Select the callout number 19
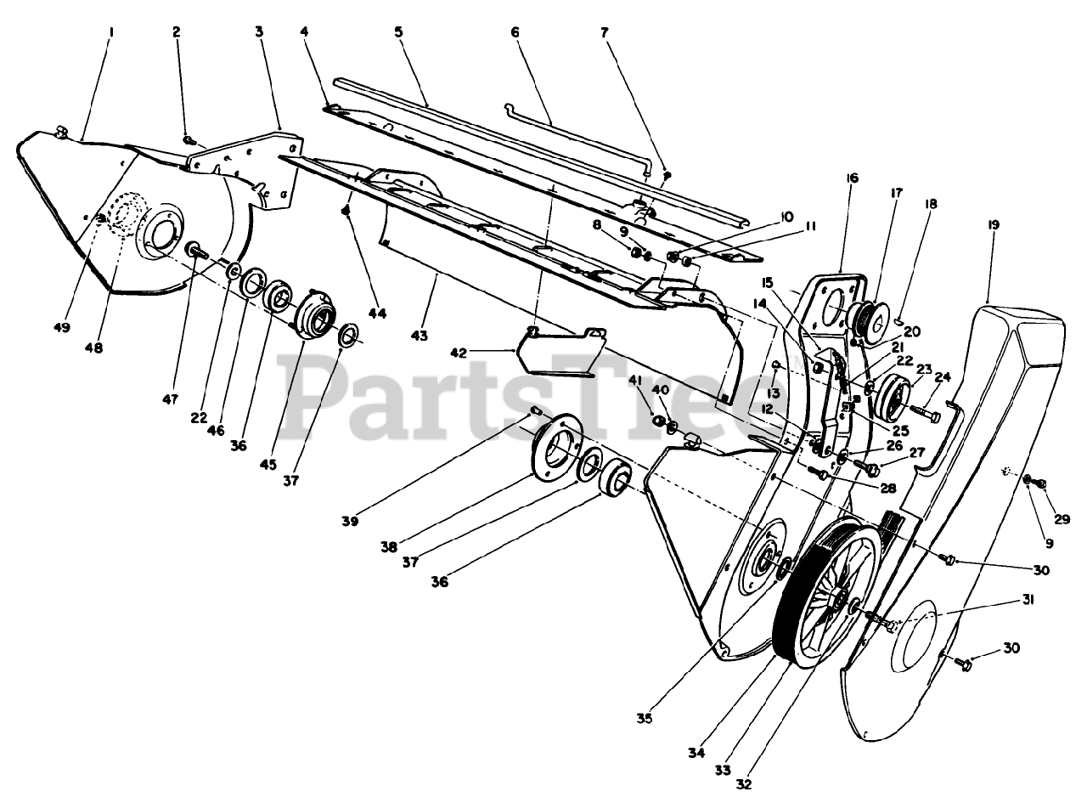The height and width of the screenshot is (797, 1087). click(x=994, y=225)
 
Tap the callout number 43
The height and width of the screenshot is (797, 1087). click(x=419, y=336)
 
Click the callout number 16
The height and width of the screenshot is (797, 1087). click(x=852, y=178)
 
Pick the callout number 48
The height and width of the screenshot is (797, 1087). click(x=94, y=348)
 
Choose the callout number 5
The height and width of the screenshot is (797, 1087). click(x=398, y=31)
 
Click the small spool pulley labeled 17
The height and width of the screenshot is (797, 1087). click(x=867, y=321)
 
